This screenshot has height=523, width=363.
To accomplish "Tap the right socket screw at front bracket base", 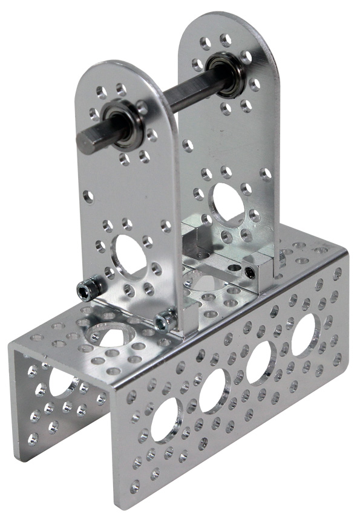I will (x=163, y=321).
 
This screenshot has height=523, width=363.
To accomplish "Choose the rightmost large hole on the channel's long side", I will (x=306, y=334).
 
